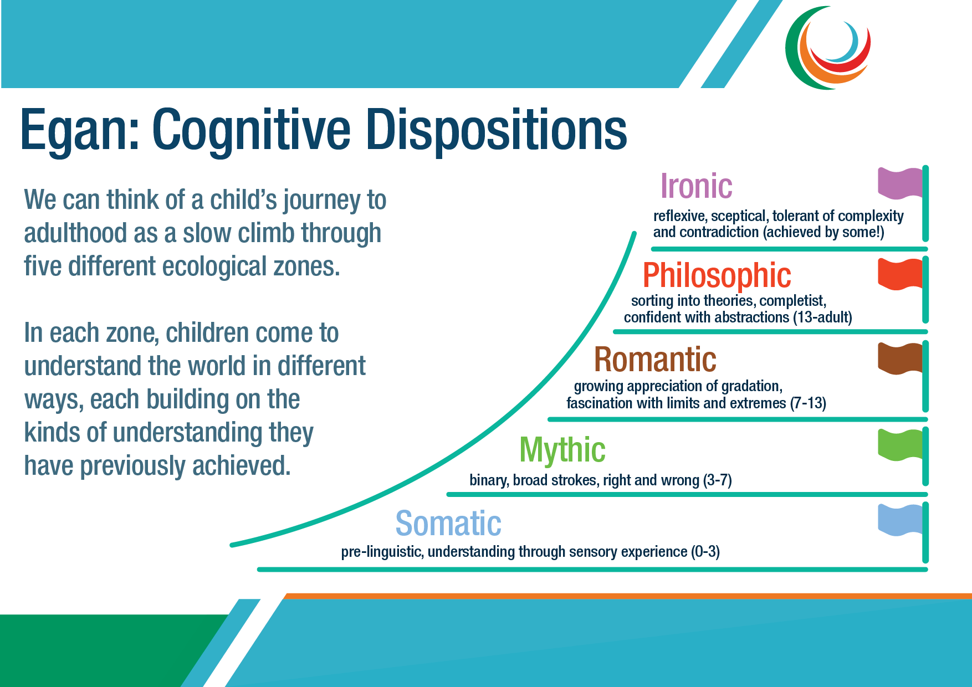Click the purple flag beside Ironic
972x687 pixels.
[901, 183]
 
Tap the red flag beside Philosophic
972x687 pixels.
[901, 274]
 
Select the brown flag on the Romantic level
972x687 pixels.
[901, 358]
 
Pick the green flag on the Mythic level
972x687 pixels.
[901, 445]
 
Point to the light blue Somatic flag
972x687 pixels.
[901, 520]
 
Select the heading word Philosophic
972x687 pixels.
[717, 275]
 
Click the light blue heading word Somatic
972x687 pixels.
[448, 524]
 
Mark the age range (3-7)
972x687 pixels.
[717, 480]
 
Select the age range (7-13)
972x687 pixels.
[808, 403]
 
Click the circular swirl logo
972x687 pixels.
[827, 48]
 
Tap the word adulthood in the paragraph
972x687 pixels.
[75, 233]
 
